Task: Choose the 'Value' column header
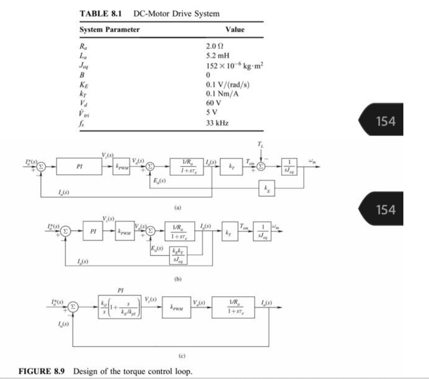coord(235,30)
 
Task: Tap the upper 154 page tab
coord(385,120)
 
